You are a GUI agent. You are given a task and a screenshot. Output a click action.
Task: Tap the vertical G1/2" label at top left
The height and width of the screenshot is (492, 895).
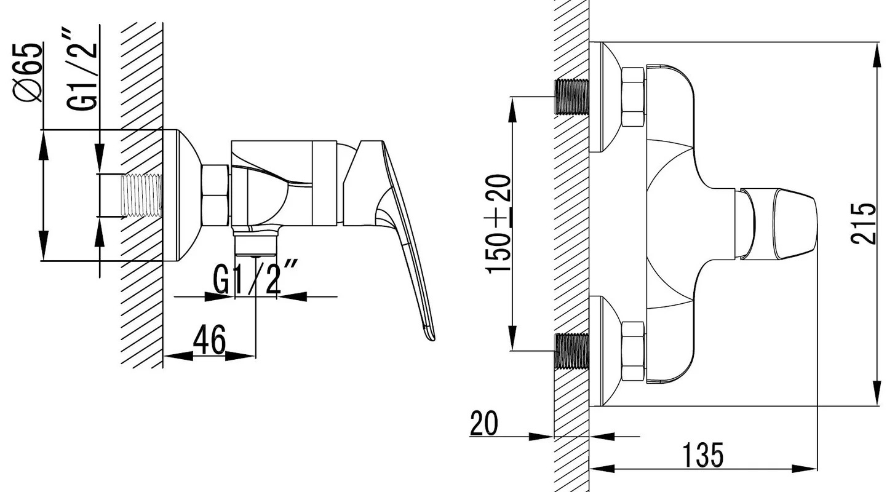click(81, 69)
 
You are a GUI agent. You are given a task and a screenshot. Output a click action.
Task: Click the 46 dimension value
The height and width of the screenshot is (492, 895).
click(209, 339)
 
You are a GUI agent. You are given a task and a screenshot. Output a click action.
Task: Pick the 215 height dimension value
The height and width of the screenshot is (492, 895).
click(863, 224)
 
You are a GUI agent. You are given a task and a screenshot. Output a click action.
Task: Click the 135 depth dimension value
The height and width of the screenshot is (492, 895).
click(703, 454)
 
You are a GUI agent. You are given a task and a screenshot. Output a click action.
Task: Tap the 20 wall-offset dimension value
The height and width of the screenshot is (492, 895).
click(484, 423)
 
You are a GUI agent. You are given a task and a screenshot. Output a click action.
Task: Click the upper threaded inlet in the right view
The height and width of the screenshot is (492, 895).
click(572, 97)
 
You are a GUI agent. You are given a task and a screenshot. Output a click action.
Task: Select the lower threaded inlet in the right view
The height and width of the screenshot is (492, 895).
click(572, 351)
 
